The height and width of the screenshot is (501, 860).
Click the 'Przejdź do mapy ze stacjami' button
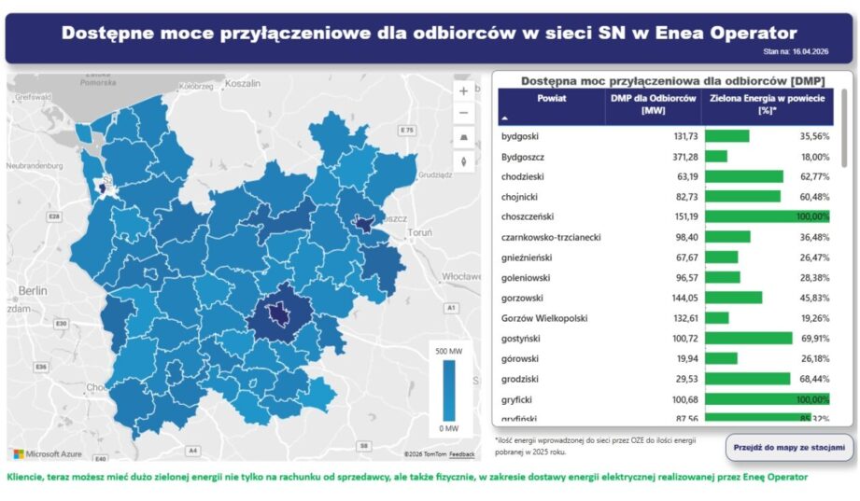point(790,448)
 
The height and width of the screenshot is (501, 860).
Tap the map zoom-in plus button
point(463,91)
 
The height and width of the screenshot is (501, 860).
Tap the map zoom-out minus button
point(463,114)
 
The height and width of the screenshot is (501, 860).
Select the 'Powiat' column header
point(551,98)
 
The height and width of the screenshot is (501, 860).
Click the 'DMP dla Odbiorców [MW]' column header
point(653,104)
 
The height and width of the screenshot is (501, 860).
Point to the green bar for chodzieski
point(744,176)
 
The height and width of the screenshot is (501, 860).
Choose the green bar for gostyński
point(748,338)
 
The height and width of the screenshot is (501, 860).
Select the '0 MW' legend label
point(449,428)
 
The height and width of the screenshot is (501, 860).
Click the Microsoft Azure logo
point(48,454)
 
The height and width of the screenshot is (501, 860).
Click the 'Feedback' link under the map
point(462,454)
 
